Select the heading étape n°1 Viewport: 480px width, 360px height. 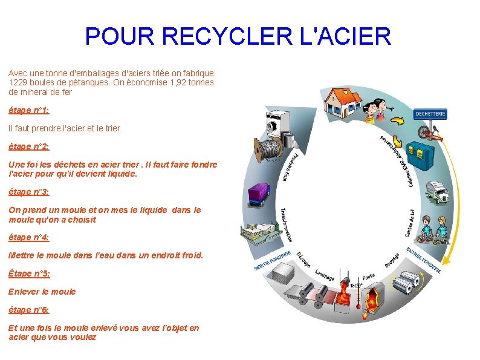click(28, 111)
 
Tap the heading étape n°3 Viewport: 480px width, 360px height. click(28, 192)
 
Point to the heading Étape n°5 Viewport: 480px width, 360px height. click(29, 273)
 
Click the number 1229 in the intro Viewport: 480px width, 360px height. click(19, 82)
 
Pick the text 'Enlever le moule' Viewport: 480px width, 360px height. click(42, 292)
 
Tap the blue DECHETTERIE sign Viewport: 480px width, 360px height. click(430, 113)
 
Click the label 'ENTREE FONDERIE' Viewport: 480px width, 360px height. click(423, 260)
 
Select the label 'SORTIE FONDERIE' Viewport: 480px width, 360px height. click(272, 260)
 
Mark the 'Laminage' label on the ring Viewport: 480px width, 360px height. click(325, 275)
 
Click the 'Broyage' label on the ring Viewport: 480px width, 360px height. click(392, 261)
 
